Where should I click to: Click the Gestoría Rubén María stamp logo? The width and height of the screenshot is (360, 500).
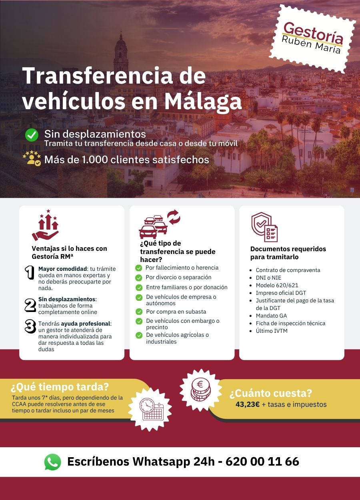pos(312,39)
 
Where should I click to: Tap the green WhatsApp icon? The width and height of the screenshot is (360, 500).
pos(52,462)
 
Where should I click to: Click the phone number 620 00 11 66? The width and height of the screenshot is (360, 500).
pos(262,462)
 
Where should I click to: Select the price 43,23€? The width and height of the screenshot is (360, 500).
pos(248,404)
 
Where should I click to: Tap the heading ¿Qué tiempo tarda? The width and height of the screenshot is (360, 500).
pos(60,387)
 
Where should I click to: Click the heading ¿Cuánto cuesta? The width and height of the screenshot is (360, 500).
pos(270,394)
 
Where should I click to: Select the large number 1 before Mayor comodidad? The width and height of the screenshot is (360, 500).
pos(30,273)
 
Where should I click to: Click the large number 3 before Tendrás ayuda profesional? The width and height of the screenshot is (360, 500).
pos(30,326)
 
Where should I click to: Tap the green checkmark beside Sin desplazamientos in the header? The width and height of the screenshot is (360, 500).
pos(32,135)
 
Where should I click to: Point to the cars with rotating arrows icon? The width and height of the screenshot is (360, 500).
pos(159,225)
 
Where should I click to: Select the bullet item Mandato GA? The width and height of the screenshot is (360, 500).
pos(271,316)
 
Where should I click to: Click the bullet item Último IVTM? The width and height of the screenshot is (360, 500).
pos(272,331)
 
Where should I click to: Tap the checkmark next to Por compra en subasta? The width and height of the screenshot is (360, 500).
pos(139,312)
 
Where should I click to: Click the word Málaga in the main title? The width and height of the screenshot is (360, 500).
pos(203,101)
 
